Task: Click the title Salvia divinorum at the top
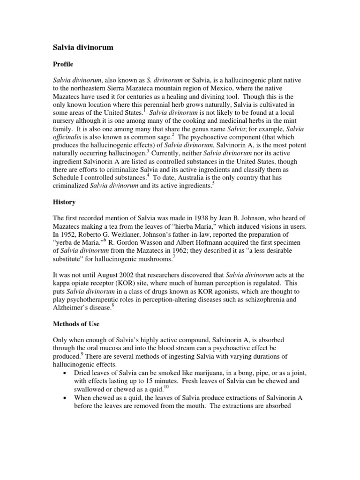coord(82,47)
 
